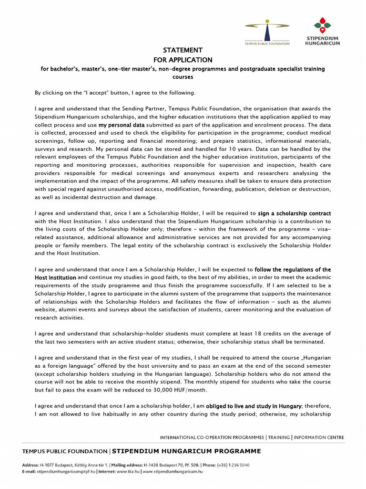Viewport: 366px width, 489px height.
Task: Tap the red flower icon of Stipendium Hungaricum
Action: (322, 25)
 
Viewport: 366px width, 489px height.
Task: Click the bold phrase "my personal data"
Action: (122, 125)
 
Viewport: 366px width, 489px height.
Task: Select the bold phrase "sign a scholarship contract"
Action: (294, 213)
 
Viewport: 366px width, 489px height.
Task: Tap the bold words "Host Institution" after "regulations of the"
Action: (55, 278)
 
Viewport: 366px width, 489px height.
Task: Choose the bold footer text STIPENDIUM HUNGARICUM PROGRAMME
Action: (186, 451)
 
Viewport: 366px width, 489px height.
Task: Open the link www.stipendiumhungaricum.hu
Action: (173, 471)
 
